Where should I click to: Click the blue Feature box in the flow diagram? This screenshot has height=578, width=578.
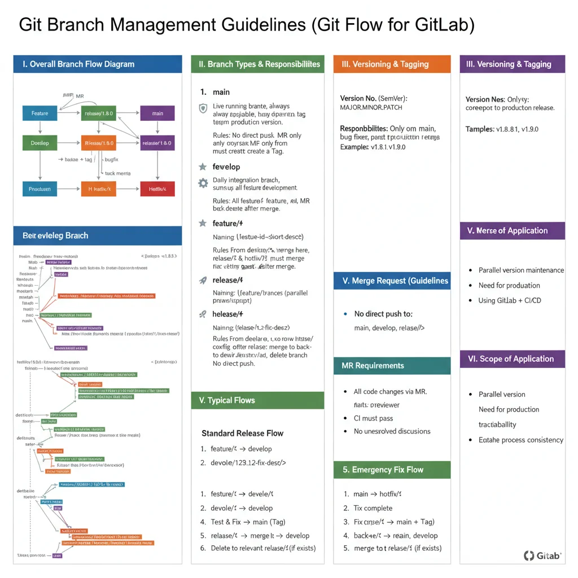pyautogui.click(x=40, y=113)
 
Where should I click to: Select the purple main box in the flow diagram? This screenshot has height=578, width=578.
pyautogui.click(x=157, y=113)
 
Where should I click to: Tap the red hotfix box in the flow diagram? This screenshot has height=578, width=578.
pyautogui.click(x=157, y=189)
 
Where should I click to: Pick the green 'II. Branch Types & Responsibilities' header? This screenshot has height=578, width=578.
pyautogui.click(x=258, y=64)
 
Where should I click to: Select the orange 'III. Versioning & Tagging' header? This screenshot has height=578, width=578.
pyautogui.click(x=392, y=64)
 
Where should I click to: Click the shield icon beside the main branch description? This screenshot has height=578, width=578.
pyautogui.click(x=203, y=108)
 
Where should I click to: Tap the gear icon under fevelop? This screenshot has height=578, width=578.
pyautogui.click(x=203, y=183)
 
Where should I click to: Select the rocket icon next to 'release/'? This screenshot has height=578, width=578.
pyautogui.click(x=203, y=280)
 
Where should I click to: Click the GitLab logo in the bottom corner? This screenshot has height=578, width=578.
pyautogui.click(x=542, y=555)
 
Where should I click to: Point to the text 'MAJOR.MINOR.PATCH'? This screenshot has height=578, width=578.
pyautogui.click(x=371, y=107)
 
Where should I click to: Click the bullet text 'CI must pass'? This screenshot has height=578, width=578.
pyautogui.click(x=373, y=418)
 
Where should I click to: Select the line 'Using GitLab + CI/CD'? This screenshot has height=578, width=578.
pyautogui.click(x=509, y=300)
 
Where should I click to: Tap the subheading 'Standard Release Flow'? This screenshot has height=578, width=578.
pyautogui.click(x=242, y=433)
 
